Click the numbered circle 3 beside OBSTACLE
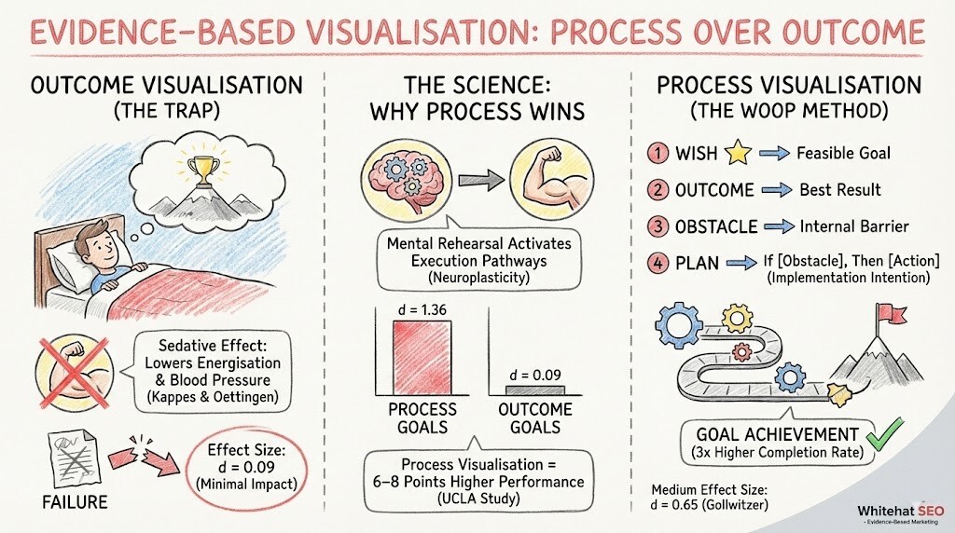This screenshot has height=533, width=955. coord(657,226)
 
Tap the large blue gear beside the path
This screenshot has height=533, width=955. coord(684,324)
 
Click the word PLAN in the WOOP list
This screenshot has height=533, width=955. coord(696,264)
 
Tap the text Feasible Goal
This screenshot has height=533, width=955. coord(842,152)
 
